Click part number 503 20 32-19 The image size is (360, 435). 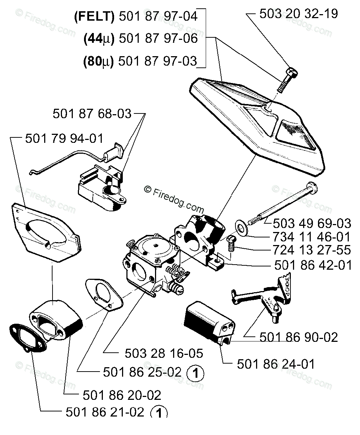(299, 14)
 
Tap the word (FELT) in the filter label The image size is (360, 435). (93, 17)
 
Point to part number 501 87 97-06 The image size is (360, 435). (158, 38)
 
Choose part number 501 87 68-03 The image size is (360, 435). (92, 114)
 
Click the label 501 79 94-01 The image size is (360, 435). (64, 138)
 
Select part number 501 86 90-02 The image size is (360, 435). (298, 337)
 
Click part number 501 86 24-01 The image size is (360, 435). (276, 363)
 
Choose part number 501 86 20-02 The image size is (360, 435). (122, 394)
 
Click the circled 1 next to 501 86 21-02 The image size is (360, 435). (159, 413)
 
